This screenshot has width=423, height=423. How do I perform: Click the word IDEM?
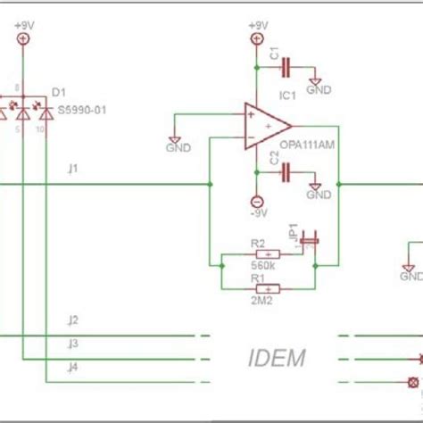click(276, 359)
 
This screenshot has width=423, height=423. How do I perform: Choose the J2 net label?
click(73, 319)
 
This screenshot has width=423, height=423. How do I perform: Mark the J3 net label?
click(73, 343)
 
